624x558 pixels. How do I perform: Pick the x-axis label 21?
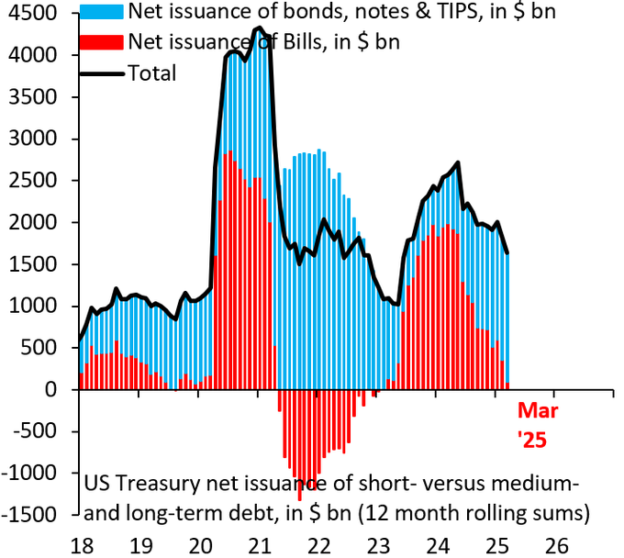(258, 543)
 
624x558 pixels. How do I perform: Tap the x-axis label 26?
(554, 543)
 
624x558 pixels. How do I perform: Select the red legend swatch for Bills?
(102, 41)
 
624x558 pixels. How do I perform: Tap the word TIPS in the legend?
(359, 13)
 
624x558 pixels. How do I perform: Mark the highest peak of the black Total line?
(257, 28)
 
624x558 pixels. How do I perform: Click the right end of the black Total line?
(508, 253)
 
